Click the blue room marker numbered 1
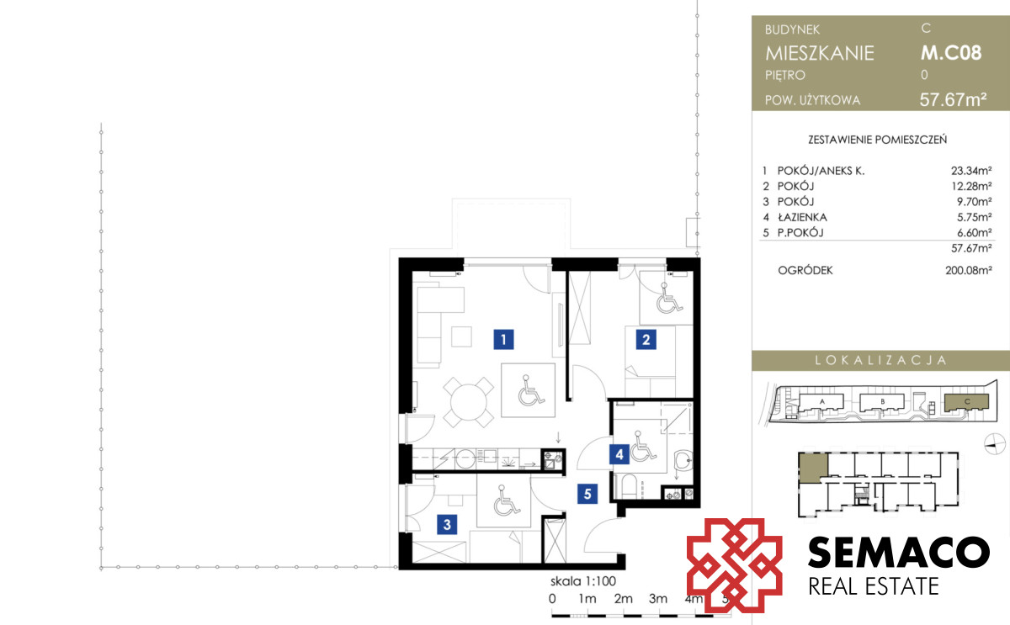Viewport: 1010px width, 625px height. [503, 339]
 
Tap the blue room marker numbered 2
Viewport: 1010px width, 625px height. [646, 339]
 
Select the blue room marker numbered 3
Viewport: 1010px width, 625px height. [447, 525]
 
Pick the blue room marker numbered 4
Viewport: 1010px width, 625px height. [619, 454]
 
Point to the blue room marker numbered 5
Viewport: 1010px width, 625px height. [587, 494]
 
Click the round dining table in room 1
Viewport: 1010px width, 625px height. [469, 402]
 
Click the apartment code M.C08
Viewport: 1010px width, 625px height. [951, 53]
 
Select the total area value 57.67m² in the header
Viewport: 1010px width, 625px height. [953, 99]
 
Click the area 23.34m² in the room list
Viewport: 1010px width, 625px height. [971, 171]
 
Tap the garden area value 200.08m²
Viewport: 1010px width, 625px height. [969, 270]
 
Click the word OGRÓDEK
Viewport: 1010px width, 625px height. [805, 270]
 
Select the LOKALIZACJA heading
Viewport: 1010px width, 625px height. [880, 360]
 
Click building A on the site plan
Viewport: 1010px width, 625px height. [821, 402]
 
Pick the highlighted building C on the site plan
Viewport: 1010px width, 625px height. [967, 401]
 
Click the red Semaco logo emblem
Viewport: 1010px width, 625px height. [734, 565]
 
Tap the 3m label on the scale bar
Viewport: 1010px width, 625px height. [658, 599]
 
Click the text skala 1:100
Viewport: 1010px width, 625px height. [583, 581]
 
